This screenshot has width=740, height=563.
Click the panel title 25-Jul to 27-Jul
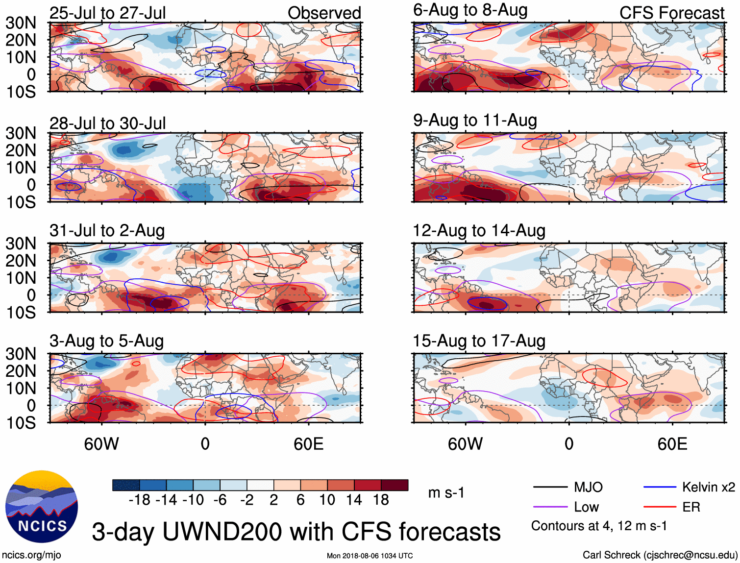click(x=108, y=13)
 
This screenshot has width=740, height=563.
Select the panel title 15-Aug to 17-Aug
click(x=479, y=341)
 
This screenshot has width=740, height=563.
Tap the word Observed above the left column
click(x=324, y=13)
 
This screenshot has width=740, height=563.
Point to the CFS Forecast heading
click(x=671, y=13)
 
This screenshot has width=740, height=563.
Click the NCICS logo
click(x=42, y=507)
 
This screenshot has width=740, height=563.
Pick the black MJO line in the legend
click(x=550, y=487)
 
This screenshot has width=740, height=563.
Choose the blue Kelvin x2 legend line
click(x=660, y=487)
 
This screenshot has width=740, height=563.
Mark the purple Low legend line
click(x=550, y=507)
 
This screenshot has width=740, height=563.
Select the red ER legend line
click(x=660, y=507)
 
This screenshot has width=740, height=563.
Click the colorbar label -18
click(x=140, y=500)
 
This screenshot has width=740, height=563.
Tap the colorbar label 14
click(x=354, y=500)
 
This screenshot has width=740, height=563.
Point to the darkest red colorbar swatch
click(x=395, y=485)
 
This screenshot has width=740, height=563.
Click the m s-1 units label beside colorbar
click(x=446, y=492)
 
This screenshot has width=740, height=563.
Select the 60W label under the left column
click(x=101, y=444)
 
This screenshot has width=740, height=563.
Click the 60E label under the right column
click(x=672, y=444)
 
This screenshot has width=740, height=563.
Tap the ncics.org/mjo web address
click(x=31, y=555)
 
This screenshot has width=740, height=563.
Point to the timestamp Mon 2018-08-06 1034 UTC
click(x=370, y=556)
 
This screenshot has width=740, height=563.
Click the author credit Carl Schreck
click(x=660, y=555)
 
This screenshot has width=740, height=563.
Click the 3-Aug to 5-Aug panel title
click(x=107, y=341)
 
